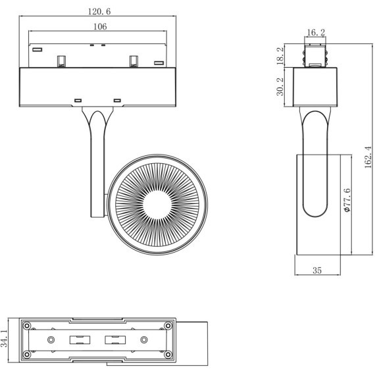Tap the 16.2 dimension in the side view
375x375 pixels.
click(x=315, y=31)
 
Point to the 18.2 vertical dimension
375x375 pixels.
click(x=280, y=56)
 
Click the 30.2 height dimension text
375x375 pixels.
click(x=280, y=86)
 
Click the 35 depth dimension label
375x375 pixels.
click(x=317, y=270)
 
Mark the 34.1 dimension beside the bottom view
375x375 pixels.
click(x=5, y=340)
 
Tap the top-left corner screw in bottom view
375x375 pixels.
click(x=27, y=326)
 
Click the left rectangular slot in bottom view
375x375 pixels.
click(x=80, y=341)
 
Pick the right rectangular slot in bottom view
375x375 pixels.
click(x=116, y=341)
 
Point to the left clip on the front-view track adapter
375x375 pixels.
click(x=61, y=60)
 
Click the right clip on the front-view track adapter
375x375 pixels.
click(x=135, y=60)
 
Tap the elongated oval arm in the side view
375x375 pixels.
click(x=316, y=164)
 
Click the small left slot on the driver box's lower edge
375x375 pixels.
click(x=78, y=100)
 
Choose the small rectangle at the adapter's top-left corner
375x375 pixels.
click(x=37, y=49)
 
